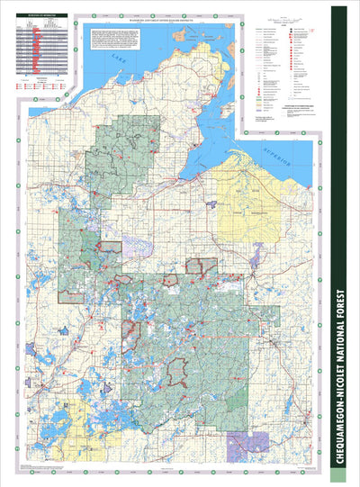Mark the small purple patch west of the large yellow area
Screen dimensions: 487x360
pyautogui.click(x=211, y=204)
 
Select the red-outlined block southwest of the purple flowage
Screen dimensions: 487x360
pyautogui.click(x=201, y=266)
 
